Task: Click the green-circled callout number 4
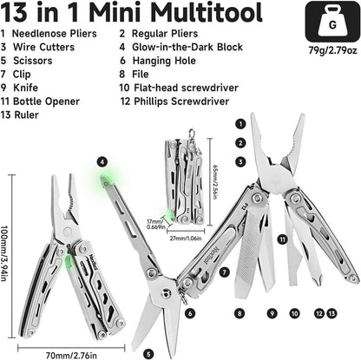point(102,161)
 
